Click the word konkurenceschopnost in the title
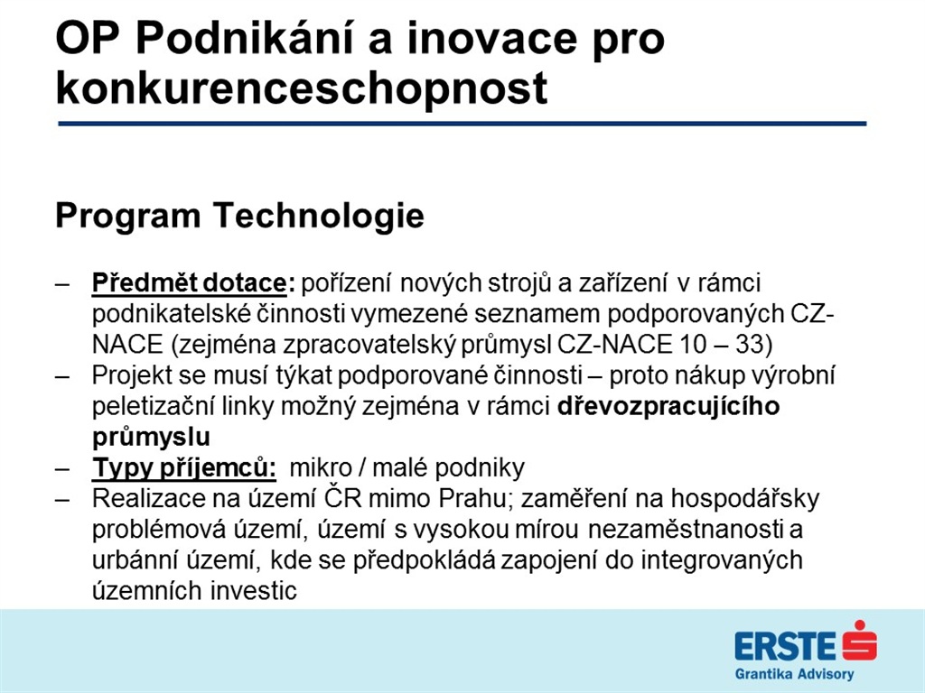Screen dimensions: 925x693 (x=302, y=89)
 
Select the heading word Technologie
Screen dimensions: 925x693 (x=319, y=216)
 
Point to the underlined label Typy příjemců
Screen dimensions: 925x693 (x=184, y=468)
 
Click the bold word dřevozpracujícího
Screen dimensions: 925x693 (x=668, y=407)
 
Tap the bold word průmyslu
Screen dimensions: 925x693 (x=151, y=438)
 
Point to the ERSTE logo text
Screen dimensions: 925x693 (x=785, y=646)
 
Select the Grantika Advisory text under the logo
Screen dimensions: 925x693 (x=794, y=674)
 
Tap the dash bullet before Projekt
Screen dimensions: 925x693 (x=62, y=376)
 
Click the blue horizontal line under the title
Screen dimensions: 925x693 (x=462, y=124)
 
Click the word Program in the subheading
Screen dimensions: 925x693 (x=128, y=217)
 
